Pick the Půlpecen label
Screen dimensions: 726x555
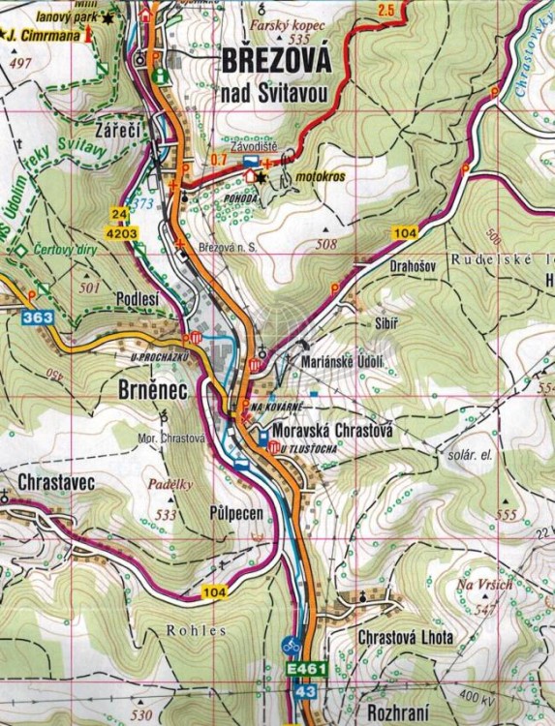[235, 514]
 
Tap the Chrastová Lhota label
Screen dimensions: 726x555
[405, 639]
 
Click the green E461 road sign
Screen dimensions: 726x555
[305, 670]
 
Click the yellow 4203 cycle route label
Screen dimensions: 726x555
[123, 233]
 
